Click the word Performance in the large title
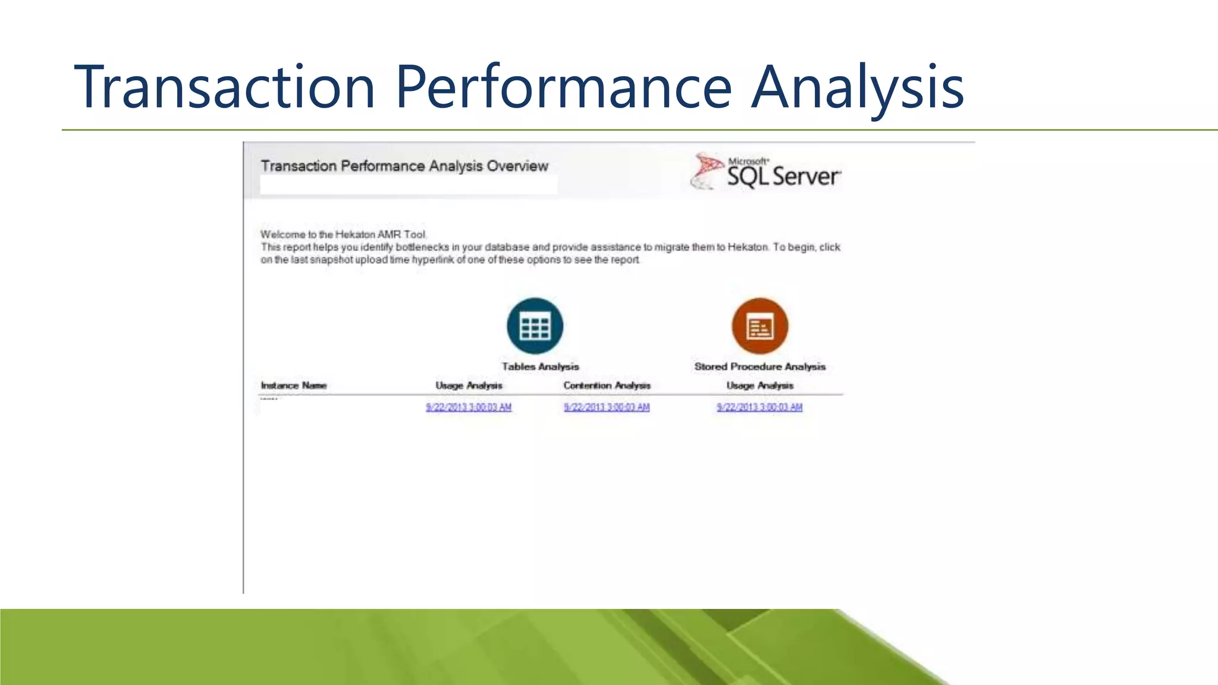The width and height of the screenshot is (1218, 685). click(x=563, y=87)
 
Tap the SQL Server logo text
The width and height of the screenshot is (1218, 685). click(x=783, y=177)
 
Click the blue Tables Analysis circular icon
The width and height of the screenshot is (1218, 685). click(x=535, y=326)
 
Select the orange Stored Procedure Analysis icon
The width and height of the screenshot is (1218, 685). click(x=759, y=326)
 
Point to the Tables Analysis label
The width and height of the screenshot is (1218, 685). click(x=540, y=367)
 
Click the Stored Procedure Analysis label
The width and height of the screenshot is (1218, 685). click(x=759, y=367)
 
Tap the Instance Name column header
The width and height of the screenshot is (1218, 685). click(x=293, y=385)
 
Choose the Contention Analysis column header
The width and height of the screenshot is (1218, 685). click(x=607, y=385)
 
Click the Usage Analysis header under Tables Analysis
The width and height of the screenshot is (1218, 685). click(x=469, y=385)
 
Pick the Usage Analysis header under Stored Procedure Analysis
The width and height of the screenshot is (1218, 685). click(x=759, y=385)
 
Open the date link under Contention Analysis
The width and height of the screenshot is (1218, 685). click(x=607, y=407)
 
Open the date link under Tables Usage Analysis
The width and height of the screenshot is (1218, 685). click(x=469, y=407)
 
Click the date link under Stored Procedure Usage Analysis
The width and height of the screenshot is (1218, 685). click(x=759, y=407)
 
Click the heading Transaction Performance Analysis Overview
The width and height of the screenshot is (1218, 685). click(x=404, y=166)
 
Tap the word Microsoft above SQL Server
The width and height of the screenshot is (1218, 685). click(x=748, y=161)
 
